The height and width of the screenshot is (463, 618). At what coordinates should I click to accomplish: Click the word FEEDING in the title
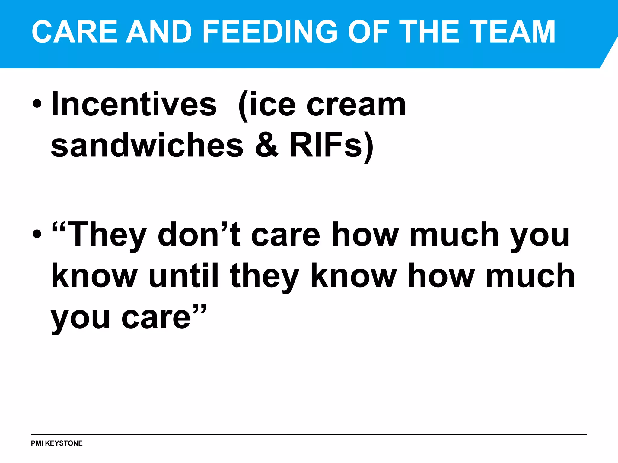coord(270,32)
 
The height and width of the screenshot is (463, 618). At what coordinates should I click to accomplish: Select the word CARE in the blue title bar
coord(74,32)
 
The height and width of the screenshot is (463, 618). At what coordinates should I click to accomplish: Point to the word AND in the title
coord(159,32)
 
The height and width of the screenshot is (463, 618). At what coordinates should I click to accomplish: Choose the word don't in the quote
coord(199,235)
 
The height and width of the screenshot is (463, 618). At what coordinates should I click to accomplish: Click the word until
coord(184,276)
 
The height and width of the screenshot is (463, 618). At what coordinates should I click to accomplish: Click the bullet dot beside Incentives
coord(37,104)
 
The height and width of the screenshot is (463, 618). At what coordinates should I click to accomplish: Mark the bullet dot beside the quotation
coord(37,234)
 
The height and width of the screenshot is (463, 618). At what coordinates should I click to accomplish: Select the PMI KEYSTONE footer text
coord(57,443)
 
